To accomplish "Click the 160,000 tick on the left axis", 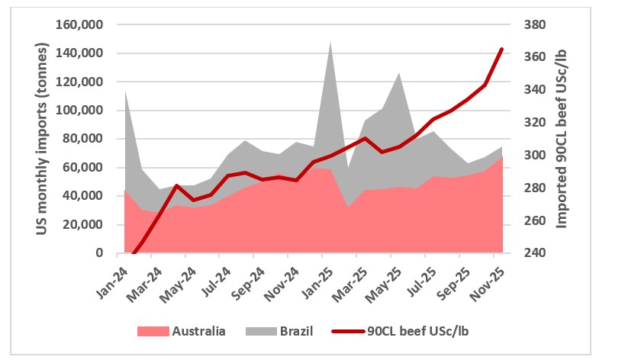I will pyautogui.click(x=80, y=24).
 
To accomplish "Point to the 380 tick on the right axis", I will pyautogui.click(x=532, y=24).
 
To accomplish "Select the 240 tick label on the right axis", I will pyautogui.click(x=532, y=253).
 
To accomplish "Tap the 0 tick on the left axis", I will pyautogui.click(x=99, y=253).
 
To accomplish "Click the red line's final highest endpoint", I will pyautogui.click(x=502, y=49).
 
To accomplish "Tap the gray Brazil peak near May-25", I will pyautogui.click(x=399, y=73).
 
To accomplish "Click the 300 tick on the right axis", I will pyautogui.click(x=532, y=155).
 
